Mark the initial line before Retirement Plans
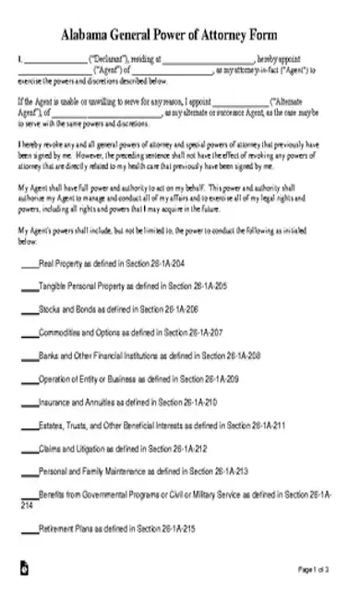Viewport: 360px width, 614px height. [29, 529]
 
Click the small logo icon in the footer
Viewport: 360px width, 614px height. [24, 592]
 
